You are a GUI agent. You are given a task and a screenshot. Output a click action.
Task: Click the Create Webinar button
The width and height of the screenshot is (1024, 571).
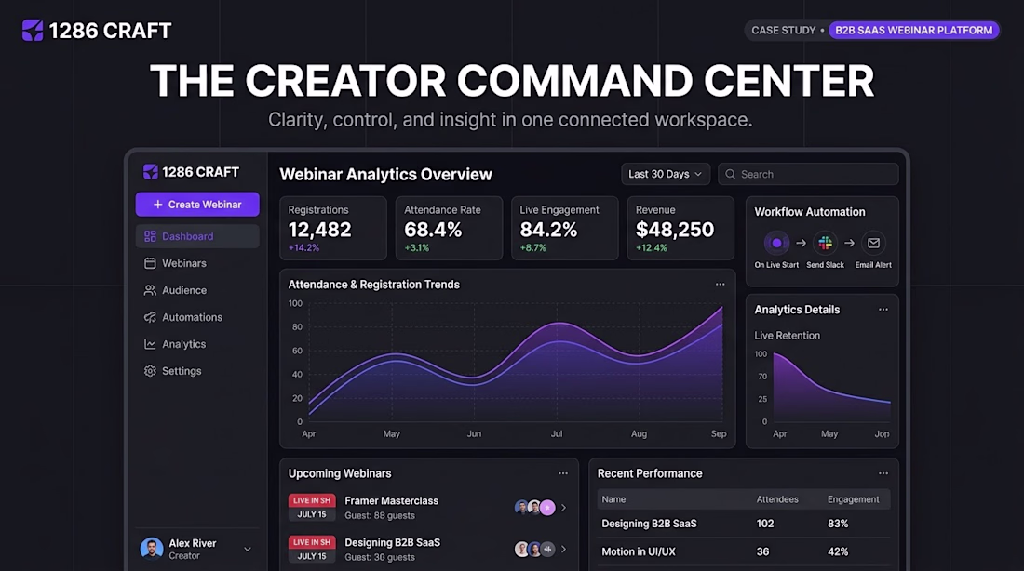[197, 205]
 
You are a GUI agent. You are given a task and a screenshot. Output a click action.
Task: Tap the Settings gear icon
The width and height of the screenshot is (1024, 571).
[150, 371]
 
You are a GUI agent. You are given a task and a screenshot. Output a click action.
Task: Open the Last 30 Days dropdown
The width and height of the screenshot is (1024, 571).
[666, 174]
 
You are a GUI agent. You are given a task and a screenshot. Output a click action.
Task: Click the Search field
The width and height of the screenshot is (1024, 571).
[808, 174]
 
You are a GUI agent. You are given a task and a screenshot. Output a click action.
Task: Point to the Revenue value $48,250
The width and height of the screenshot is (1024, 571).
[675, 230]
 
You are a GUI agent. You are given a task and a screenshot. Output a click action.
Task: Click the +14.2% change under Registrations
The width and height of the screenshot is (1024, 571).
[303, 248]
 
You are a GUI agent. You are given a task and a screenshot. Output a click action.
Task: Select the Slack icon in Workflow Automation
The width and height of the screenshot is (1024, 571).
[826, 243]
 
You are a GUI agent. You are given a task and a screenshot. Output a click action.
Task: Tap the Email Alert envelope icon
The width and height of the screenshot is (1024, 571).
[873, 243]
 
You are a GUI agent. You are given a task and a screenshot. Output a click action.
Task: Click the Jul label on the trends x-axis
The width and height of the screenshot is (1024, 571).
[557, 434]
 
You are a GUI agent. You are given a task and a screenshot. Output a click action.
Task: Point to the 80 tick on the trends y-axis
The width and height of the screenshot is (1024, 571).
[297, 327]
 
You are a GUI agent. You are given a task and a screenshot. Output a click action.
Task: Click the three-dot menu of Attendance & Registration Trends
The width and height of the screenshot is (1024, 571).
[720, 285]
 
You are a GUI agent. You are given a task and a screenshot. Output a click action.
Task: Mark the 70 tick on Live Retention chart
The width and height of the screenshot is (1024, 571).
[762, 377]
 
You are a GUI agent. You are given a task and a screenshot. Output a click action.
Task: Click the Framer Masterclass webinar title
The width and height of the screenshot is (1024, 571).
[391, 500]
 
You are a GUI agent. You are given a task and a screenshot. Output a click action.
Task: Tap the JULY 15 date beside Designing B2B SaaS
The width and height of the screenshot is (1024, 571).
[312, 557]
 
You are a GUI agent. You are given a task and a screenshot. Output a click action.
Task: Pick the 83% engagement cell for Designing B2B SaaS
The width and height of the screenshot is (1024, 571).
[838, 524]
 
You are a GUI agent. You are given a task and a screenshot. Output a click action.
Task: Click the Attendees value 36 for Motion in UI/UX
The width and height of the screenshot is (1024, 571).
[762, 551]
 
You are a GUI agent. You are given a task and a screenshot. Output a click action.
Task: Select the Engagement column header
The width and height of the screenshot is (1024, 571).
[853, 499]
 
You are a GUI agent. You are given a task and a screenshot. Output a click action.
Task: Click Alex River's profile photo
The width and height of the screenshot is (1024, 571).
[152, 549]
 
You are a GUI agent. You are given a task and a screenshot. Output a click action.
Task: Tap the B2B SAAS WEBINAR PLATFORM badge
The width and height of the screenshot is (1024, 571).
[913, 30]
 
